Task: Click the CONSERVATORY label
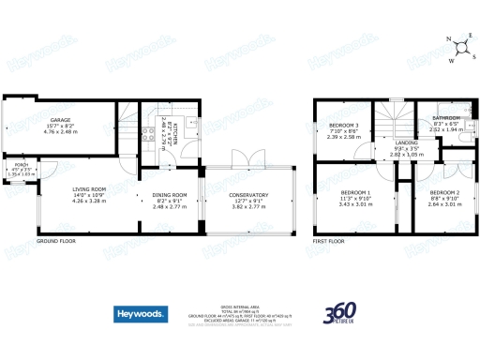pyautogui.click(x=249, y=195)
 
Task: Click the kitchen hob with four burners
pyautogui.click(x=147, y=130)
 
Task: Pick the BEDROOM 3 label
pyautogui.click(x=344, y=126)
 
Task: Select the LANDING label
pyautogui.click(x=406, y=142)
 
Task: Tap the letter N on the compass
pyautogui.click(x=449, y=40)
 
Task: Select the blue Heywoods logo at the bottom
pyautogui.click(x=141, y=313)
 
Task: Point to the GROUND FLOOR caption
pyautogui.click(x=57, y=241)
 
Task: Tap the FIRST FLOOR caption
pyautogui.click(x=329, y=241)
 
